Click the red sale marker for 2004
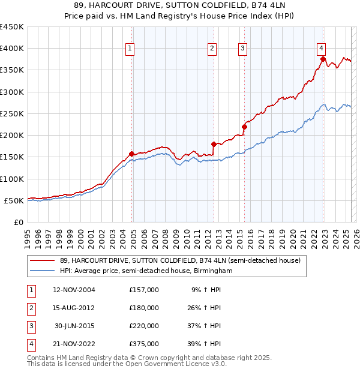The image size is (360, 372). tap(131, 154)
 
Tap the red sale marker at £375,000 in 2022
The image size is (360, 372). tap(323, 59)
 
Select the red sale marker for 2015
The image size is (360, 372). tap(244, 127)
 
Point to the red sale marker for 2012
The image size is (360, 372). tap(214, 144)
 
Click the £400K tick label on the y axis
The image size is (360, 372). tap(12, 48)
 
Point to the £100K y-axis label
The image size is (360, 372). tap(12, 179)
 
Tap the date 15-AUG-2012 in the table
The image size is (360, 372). tap(74, 308)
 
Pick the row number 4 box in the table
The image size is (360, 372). tap(29, 344)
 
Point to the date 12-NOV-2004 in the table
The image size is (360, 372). tap(74, 290)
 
